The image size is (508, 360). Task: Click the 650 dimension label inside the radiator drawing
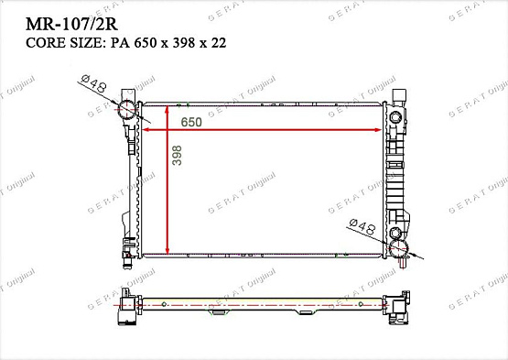pos(190,122)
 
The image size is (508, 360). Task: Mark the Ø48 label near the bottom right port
pos(362,224)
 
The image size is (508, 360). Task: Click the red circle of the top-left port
pos(127,112)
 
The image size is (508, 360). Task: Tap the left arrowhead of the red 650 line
pos(147,131)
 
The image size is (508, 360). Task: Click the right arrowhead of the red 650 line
pos(384,131)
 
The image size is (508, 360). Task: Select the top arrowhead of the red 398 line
pos(166,108)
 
